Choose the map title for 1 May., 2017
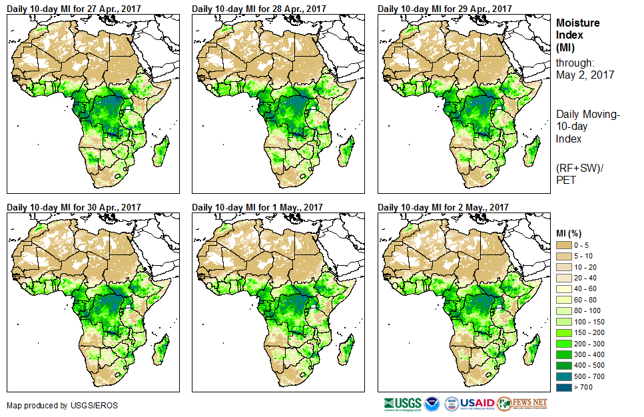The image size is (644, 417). coord(257,207)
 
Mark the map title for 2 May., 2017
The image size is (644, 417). coord(443,207)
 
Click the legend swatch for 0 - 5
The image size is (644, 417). coord(565,245)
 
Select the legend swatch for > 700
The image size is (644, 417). coord(565,386)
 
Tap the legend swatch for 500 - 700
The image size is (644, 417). coord(565,375)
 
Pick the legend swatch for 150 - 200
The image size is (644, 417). coord(565,332)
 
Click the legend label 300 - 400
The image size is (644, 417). coord(591,353)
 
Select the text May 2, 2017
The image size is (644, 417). coord(585,75)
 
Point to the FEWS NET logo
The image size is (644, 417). coord(521,404)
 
